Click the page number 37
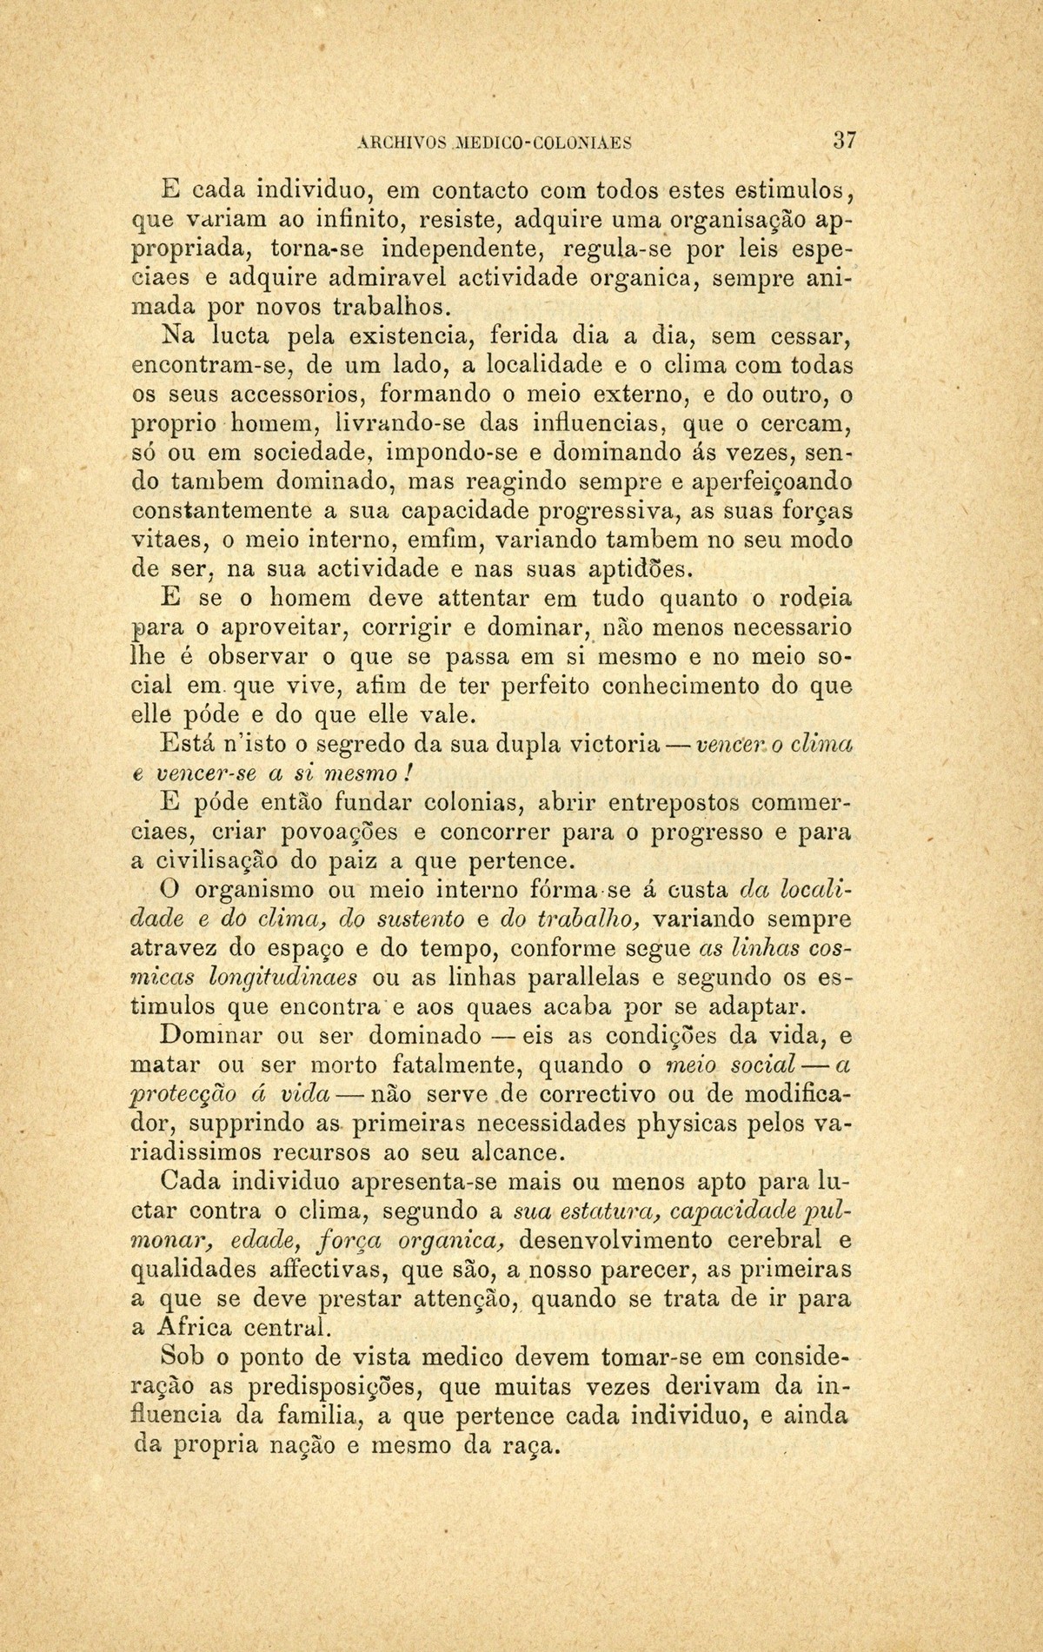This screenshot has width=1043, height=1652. pyautogui.click(x=844, y=140)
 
